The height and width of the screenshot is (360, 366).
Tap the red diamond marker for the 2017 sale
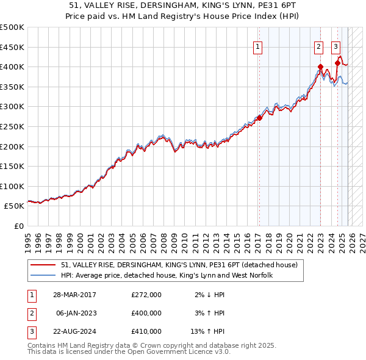coord(259,118)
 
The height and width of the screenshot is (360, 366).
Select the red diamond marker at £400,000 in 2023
coord(320,67)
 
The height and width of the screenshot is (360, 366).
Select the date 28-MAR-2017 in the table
coord(76,295)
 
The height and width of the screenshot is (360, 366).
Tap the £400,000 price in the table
coord(146,313)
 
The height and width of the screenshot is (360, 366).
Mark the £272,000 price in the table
coord(146,295)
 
